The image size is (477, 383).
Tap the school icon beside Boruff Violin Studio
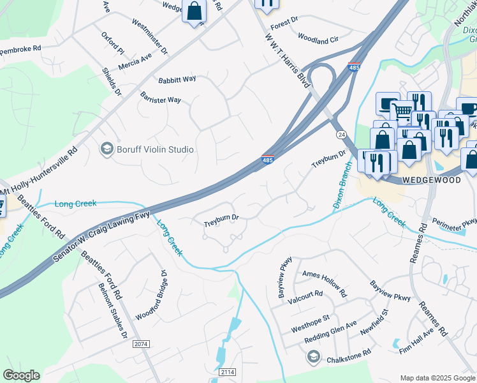coord(106,149)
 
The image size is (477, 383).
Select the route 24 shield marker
coord(341,135)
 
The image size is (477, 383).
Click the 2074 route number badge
coord(142,344)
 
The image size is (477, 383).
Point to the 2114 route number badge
coord(226,372)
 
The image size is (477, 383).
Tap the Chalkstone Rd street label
coord(348,353)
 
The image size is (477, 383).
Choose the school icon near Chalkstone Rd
coord(312,357)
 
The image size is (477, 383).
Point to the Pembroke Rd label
coord(20,48)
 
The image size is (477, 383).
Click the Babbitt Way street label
coord(177,80)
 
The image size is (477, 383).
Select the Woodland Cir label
coord(318,40)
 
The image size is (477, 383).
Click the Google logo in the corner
coord(21,375)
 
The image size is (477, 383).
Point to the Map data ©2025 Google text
coord(437,378)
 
